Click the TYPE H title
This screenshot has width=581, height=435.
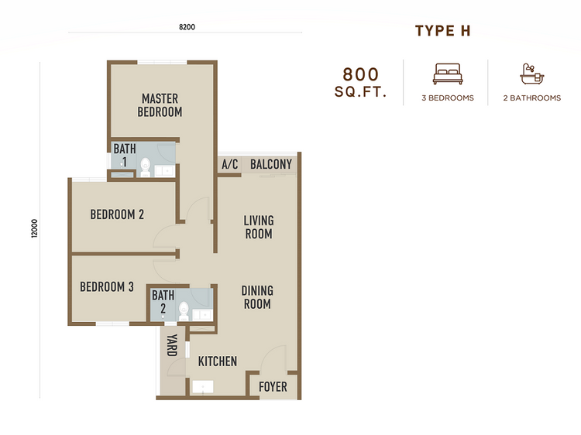click(442, 31)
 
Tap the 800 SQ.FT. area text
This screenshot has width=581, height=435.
click(361, 84)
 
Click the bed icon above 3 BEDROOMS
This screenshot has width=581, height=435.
click(446, 74)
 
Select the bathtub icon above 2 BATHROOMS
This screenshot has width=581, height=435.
click(531, 74)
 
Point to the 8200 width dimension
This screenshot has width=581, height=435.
click(187, 27)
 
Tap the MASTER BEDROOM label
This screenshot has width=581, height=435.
click(160, 105)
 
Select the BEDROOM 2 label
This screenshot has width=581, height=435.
click(117, 214)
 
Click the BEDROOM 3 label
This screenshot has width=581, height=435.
click(107, 287)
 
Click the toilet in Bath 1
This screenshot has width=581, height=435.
click(145, 165)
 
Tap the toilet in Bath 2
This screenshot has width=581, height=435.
click(184, 310)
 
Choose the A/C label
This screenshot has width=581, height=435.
click(229, 165)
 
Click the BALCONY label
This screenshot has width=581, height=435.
click(271, 164)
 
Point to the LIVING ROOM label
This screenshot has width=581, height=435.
click(259, 227)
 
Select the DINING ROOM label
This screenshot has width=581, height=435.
click(257, 297)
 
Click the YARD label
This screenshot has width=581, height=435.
click(172, 345)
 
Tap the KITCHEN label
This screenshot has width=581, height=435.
click(218, 361)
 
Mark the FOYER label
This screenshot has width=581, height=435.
click(273, 386)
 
